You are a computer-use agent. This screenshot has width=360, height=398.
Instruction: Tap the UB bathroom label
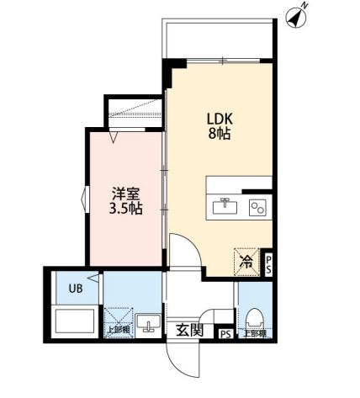(75, 288)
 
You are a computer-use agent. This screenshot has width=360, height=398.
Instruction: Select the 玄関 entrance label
(190, 330)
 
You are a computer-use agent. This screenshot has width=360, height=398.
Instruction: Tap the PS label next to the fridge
(267, 263)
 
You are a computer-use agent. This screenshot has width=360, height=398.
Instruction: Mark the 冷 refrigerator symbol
(246, 263)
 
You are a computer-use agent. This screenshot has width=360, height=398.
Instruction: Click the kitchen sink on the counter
(225, 204)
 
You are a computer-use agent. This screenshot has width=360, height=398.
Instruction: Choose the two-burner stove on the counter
(256, 205)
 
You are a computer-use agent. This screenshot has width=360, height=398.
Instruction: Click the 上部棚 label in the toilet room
(254, 333)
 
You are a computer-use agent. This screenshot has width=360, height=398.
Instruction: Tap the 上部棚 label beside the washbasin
(118, 329)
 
